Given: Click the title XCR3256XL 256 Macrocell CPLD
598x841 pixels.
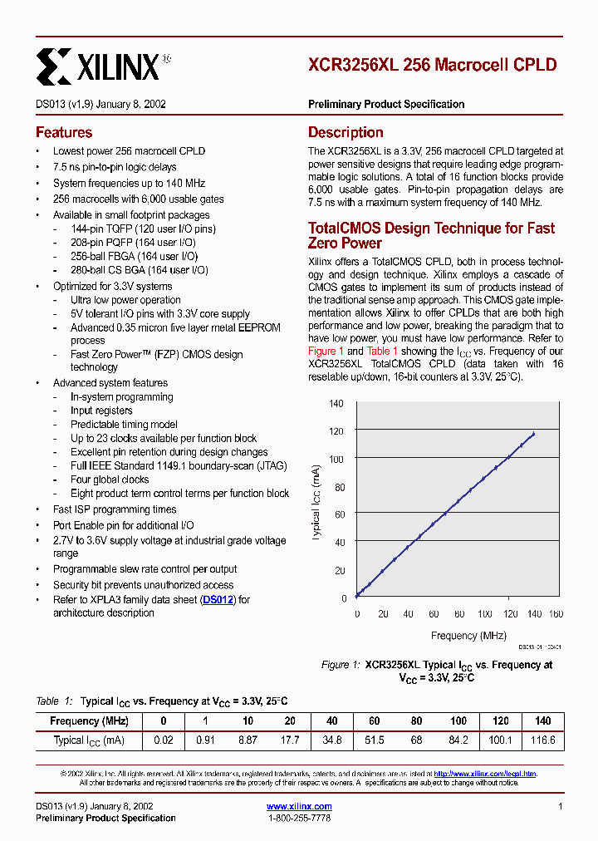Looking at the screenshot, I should click(x=432, y=65).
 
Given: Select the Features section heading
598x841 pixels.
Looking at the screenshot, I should click(x=64, y=132).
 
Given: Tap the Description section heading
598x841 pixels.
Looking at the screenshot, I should click(x=346, y=132).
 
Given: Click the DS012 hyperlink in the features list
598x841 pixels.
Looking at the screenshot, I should click(x=219, y=599).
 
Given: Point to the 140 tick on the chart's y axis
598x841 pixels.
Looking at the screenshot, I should click(x=336, y=404).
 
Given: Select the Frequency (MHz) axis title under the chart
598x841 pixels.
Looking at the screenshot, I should click(x=468, y=636).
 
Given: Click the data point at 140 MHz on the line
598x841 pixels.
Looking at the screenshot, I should click(x=533, y=434).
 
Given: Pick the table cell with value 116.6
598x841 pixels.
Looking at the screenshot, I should click(x=542, y=740).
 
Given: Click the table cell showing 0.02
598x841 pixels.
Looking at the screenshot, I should click(x=163, y=740).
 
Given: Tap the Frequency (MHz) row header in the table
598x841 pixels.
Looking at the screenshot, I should click(x=89, y=721).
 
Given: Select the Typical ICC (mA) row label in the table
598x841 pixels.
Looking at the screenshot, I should click(x=89, y=740).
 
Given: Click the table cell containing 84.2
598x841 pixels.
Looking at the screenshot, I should click(x=458, y=740).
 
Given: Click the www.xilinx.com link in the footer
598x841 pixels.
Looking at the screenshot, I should click(x=299, y=806).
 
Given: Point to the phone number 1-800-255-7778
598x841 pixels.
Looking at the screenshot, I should click(x=299, y=819).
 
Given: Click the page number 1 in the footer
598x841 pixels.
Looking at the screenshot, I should click(x=561, y=806).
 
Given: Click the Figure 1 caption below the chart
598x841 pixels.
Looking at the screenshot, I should click(x=437, y=671).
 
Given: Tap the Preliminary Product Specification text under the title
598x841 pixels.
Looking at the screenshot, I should click(x=386, y=105).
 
